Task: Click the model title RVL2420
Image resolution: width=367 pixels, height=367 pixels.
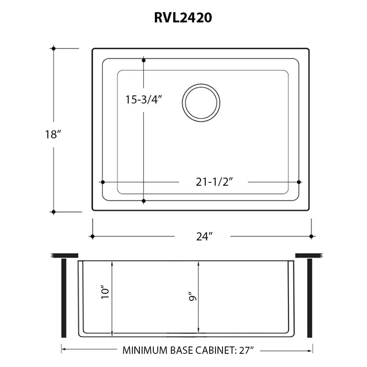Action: pyautogui.click(x=183, y=18)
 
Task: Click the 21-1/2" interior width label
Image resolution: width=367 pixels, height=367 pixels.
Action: pyautogui.click(x=215, y=182)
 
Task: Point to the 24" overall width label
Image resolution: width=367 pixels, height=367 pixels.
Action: pyautogui.click(x=204, y=237)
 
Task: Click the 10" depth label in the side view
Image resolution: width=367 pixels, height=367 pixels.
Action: pyautogui.click(x=105, y=294)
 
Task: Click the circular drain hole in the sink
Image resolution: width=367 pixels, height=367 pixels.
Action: pyautogui.click(x=201, y=103)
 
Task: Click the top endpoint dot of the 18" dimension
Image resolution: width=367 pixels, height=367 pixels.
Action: pyautogui.click(x=54, y=48)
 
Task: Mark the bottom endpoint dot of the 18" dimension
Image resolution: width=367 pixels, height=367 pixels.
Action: pyautogui.click(x=54, y=212)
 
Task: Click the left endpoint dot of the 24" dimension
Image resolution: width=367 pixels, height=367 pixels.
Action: pyautogui.click(x=92, y=236)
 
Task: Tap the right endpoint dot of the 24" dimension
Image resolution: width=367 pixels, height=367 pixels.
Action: pyautogui.click(x=311, y=236)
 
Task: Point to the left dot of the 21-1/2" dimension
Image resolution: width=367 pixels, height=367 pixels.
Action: pyautogui.click(x=102, y=182)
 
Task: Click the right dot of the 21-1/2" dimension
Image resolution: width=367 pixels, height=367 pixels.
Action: pyautogui.click(x=299, y=182)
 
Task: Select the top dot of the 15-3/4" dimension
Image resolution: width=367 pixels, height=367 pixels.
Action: pyautogui.click(x=144, y=60)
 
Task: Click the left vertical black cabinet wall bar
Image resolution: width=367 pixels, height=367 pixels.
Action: pyautogui.click(x=63, y=298)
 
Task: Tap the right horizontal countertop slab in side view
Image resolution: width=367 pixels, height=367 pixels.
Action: pyautogui.click(x=309, y=255)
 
